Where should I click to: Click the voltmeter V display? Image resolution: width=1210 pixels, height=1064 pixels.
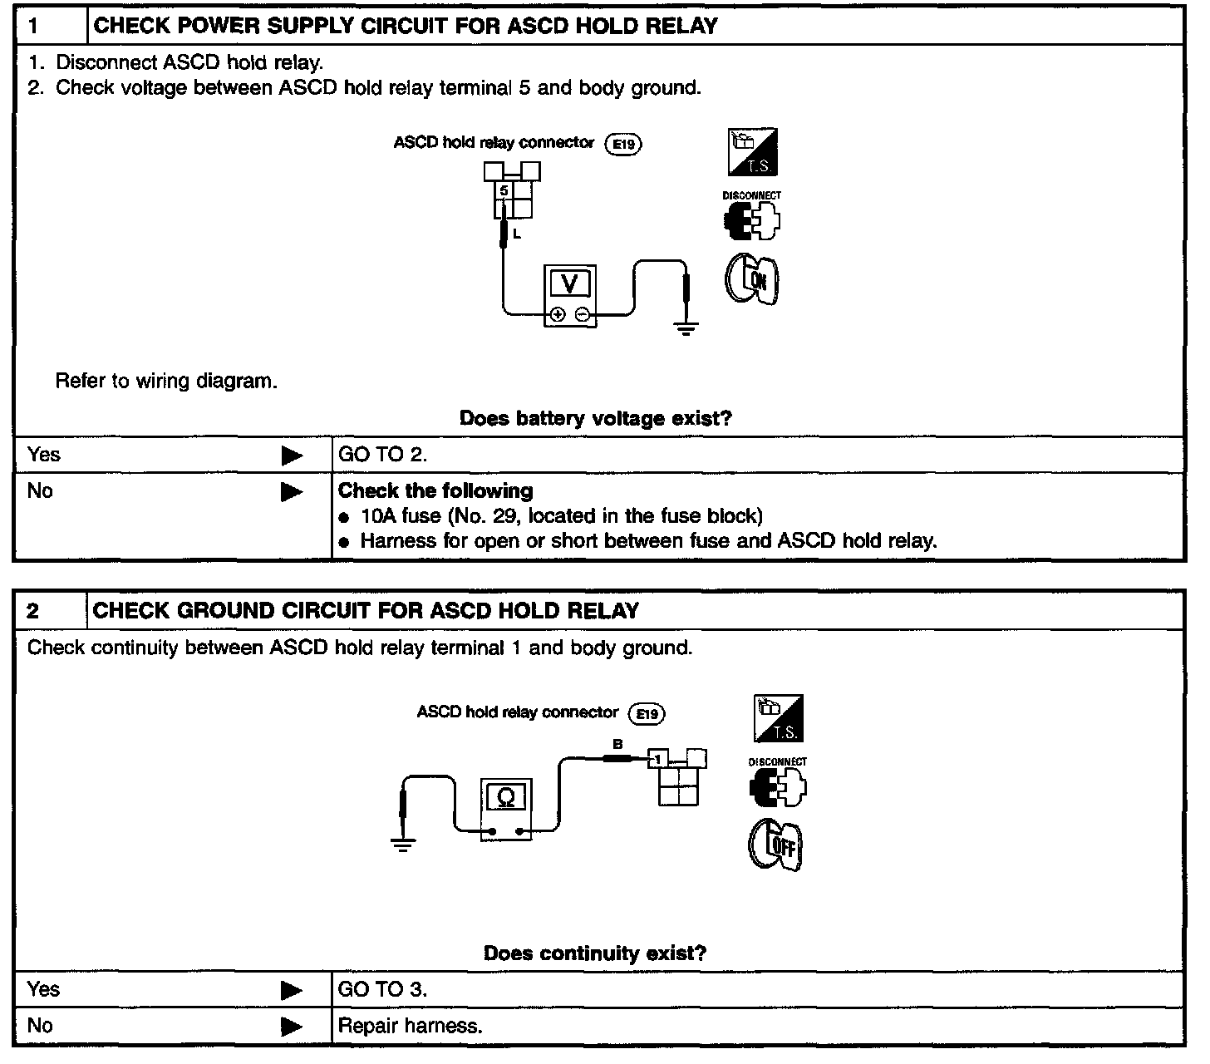pos(569,284)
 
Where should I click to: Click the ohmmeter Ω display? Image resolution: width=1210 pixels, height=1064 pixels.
pos(505,797)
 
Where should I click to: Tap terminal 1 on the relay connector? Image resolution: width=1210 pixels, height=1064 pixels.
pos(657,759)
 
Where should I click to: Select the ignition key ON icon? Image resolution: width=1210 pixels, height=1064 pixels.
pos(753,279)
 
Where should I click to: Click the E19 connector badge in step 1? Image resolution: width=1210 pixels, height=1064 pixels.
pos(623,145)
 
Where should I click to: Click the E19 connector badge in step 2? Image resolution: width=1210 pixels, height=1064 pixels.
pos(647,714)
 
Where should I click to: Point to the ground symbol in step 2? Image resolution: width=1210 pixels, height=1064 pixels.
pos(403,846)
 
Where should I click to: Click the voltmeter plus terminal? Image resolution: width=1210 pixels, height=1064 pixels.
pos(558,314)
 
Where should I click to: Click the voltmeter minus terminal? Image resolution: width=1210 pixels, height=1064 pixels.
pos(582,314)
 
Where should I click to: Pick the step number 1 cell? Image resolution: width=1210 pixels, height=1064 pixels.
pos(50,26)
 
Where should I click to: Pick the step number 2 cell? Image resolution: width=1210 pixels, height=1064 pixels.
pos(50,611)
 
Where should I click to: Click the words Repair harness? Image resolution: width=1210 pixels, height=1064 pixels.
pos(410,1026)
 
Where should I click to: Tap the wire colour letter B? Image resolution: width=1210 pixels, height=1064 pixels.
pos(617,745)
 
